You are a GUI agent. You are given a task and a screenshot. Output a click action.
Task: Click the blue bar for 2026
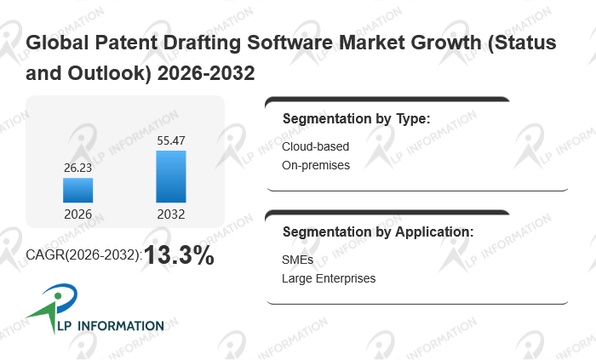pyautogui.click(x=77, y=190)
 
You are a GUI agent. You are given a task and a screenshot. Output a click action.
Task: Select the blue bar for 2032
pyautogui.click(x=170, y=177)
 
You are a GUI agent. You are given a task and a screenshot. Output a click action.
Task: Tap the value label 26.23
pyautogui.click(x=77, y=169)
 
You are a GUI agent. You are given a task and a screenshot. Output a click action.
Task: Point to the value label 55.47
pyautogui.click(x=170, y=141)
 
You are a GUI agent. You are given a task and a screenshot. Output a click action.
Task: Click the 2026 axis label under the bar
pyautogui.click(x=77, y=214)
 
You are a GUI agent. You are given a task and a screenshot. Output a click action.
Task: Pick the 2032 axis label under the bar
pyautogui.click(x=170, y=214)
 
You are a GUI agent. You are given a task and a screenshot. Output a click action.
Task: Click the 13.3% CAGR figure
pyautogui.click(x=179, y=255)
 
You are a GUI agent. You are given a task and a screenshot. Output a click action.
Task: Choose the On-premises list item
pyautogui.click(x=316, y=165)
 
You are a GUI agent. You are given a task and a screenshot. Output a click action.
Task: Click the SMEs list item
pyautogui.click(x=298, y=260)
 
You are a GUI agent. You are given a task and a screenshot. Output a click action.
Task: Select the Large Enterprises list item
pyautogui.click(x=329, y=278)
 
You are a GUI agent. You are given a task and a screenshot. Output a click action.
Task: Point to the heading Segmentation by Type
pyautogui.click(x=356, y=118)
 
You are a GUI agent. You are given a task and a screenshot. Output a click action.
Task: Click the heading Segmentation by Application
pyautogui.click(x=378, y=231)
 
